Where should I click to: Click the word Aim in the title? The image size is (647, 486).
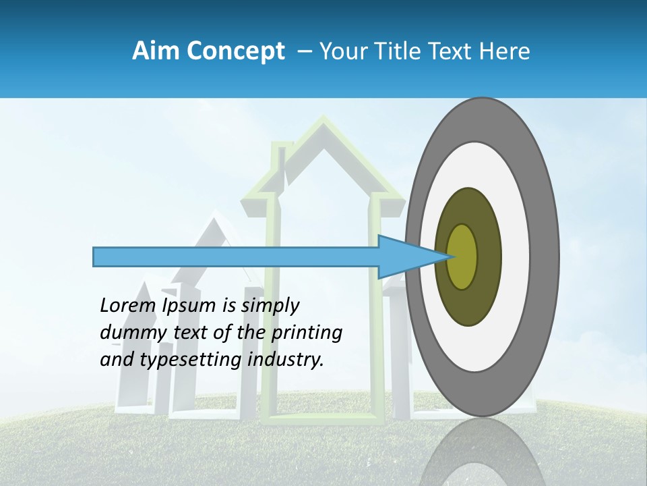pyautogui.click(x=154, y=51)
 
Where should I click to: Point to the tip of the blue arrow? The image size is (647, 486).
pyautogui.click(x=450, y=256)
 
